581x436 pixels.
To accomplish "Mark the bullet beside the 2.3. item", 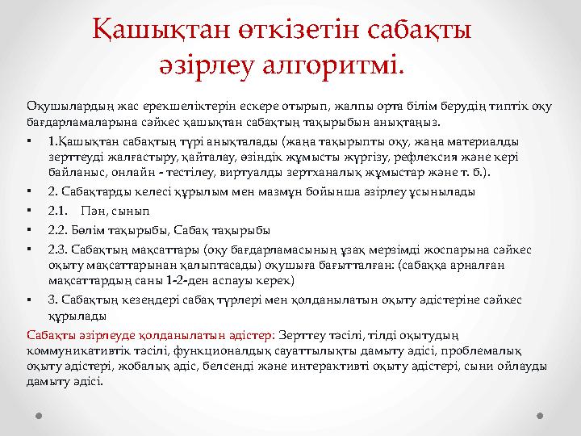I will [29, 249].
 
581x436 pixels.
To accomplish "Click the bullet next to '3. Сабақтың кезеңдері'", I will [29, 299].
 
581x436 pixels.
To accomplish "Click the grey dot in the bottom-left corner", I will [39, 417].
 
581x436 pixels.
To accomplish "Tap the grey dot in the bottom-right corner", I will [541, 417].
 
